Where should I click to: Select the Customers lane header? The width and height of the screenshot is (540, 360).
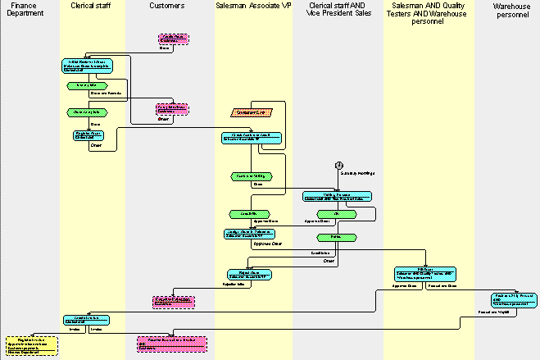[x=168, y=6]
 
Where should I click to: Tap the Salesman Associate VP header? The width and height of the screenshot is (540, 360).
[x=252, y=6]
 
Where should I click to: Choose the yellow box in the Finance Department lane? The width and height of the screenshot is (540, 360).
[x=32, y=345]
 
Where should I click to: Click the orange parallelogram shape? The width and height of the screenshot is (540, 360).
[x=252, y=112]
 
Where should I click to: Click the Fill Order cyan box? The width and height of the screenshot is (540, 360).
[x=425, y=272]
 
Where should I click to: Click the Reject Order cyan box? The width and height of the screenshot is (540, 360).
[x=249, y=275]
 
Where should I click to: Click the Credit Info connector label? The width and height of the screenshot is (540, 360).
[x=320, y=253]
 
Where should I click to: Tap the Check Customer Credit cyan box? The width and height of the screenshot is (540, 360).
[x=252, y=136]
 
